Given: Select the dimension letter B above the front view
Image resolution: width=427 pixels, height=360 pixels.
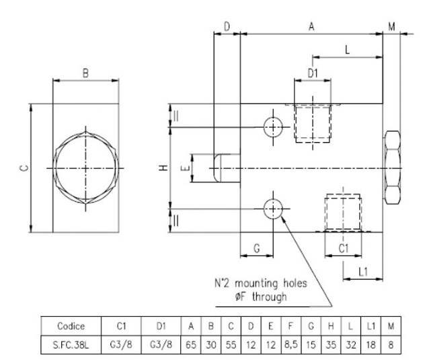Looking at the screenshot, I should tap(86, 73).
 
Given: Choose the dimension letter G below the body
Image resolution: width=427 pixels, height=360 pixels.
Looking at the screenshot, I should tap(257, 248).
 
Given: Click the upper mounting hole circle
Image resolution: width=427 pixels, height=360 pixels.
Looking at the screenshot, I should tap(273, 126).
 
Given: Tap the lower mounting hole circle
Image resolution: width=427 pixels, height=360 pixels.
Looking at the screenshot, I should tap(273, 209).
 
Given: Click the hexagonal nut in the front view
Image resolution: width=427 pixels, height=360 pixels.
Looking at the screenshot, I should tap(86, 168).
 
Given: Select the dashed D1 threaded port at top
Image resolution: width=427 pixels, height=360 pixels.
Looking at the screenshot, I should tap(312, 122).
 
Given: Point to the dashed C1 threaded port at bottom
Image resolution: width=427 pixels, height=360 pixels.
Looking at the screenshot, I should tap(343, 213).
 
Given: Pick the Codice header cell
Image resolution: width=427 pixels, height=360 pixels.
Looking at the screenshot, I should tap(71, 326).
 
